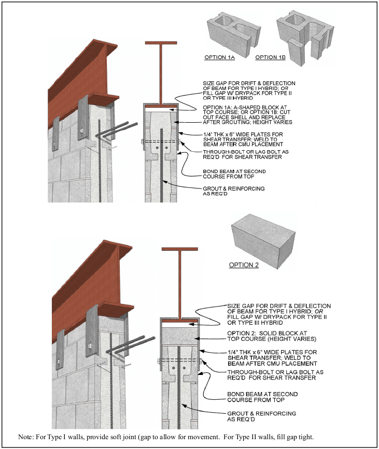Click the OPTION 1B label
point(271,57)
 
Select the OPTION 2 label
point(244,265)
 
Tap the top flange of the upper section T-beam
point(161,42)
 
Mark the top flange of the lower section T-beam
point(180,250)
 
